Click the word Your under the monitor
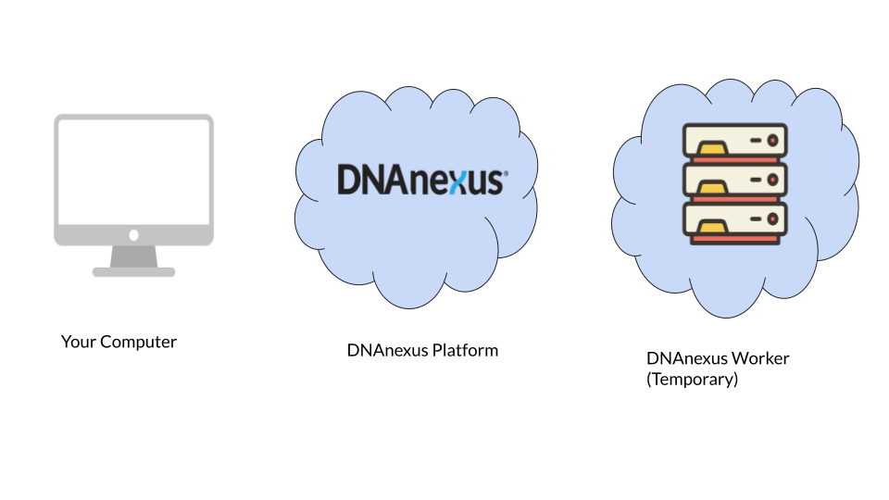point(78,343)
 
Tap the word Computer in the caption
point(138,343)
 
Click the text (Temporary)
point(692,380)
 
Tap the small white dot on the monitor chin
point(133,235)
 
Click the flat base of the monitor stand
point(133,272)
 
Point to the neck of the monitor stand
point(133,256)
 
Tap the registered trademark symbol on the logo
point(505,172)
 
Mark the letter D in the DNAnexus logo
point(348,181)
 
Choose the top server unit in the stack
point(735,143)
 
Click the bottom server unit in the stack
point(735,220)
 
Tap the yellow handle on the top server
point(712,146)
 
